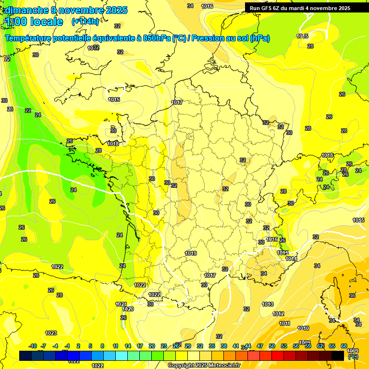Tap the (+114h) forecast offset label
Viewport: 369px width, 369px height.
point(85,21)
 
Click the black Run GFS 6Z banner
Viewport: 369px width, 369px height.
point(300,8)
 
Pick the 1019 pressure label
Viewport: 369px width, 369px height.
point(191,253)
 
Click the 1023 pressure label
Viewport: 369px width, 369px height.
point(51,333)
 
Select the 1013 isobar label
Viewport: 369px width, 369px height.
point(268,304)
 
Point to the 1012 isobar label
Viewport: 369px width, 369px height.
point(278,314)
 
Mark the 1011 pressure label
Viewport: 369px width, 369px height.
point(284,323)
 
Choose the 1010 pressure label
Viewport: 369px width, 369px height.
point(303,328)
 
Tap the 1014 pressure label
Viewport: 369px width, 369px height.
point(291,258)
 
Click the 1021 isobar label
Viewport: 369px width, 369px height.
point(121,304)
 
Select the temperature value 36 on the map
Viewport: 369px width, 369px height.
point(352,295)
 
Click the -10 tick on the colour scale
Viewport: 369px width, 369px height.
point(33,346)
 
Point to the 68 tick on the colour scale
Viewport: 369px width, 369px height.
point(344,346)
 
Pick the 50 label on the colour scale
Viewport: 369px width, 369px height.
point(272,346)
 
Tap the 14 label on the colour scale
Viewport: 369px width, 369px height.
point(128,346)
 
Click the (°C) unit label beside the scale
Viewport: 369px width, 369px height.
point(353,357)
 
